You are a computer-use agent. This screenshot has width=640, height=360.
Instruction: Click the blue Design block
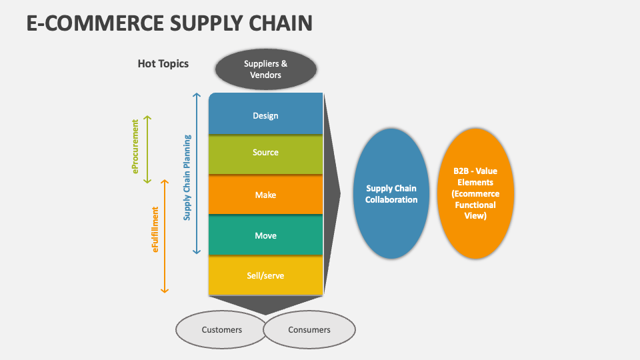pyautogui.click(x=265, y=115)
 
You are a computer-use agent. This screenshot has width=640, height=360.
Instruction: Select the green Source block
pyautogui.click(x=265, y=153)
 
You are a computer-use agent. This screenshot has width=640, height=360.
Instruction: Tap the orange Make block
pyautogui.click(x=265, y=195)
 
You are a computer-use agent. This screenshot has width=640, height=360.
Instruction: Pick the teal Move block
pyautogui.click(x=265, y=235)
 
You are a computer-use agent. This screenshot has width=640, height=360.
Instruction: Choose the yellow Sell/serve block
pyautogui.click(x=265, y=275)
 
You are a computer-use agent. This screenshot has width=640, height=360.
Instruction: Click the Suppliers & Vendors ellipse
pyautogui.click(x=266, y=69)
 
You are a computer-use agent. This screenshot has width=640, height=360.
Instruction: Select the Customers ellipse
pyautogui.click(x=221, y=329)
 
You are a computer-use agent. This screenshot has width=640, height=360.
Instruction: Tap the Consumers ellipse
pyautogui.click(x=309, y=329)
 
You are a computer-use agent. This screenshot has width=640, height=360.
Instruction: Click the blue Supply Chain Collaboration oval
pyautogui.click(x=391, y=194)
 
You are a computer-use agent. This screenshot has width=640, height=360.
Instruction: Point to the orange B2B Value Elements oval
pyautogui.click(x=475, y=193)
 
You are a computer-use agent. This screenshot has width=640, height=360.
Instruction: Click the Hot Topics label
pyautogui.click(x=163, y=64)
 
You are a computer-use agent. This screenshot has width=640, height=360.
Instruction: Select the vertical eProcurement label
pyautogui.click(x=135, y=147)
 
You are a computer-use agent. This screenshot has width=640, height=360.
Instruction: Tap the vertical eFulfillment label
pyautogui.click(x=155, y=229)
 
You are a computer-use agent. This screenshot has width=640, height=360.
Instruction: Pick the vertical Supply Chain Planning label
pyautogui.click(x=187, y=177)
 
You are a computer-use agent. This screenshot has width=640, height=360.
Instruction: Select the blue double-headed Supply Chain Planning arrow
pyautogui.click(x=197, y=173)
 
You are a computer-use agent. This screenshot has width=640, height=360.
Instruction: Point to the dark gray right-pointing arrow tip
pyautogui.click(x=338, y=194)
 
